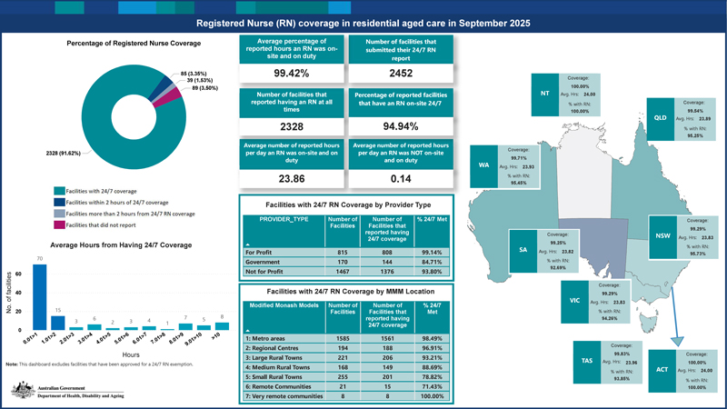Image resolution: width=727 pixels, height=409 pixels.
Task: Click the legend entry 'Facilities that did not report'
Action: coord(106,224)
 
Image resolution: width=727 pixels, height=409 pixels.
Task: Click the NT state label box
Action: coord(545,92)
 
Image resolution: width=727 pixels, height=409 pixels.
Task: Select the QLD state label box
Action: coord(662,118)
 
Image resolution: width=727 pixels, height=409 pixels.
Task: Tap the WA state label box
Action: coord(483,165)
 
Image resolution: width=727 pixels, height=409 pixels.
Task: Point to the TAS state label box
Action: coord(587,361)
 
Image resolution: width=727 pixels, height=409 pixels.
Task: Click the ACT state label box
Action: coord(662,370)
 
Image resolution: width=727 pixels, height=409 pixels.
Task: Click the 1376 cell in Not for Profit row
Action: coord(381,272)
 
